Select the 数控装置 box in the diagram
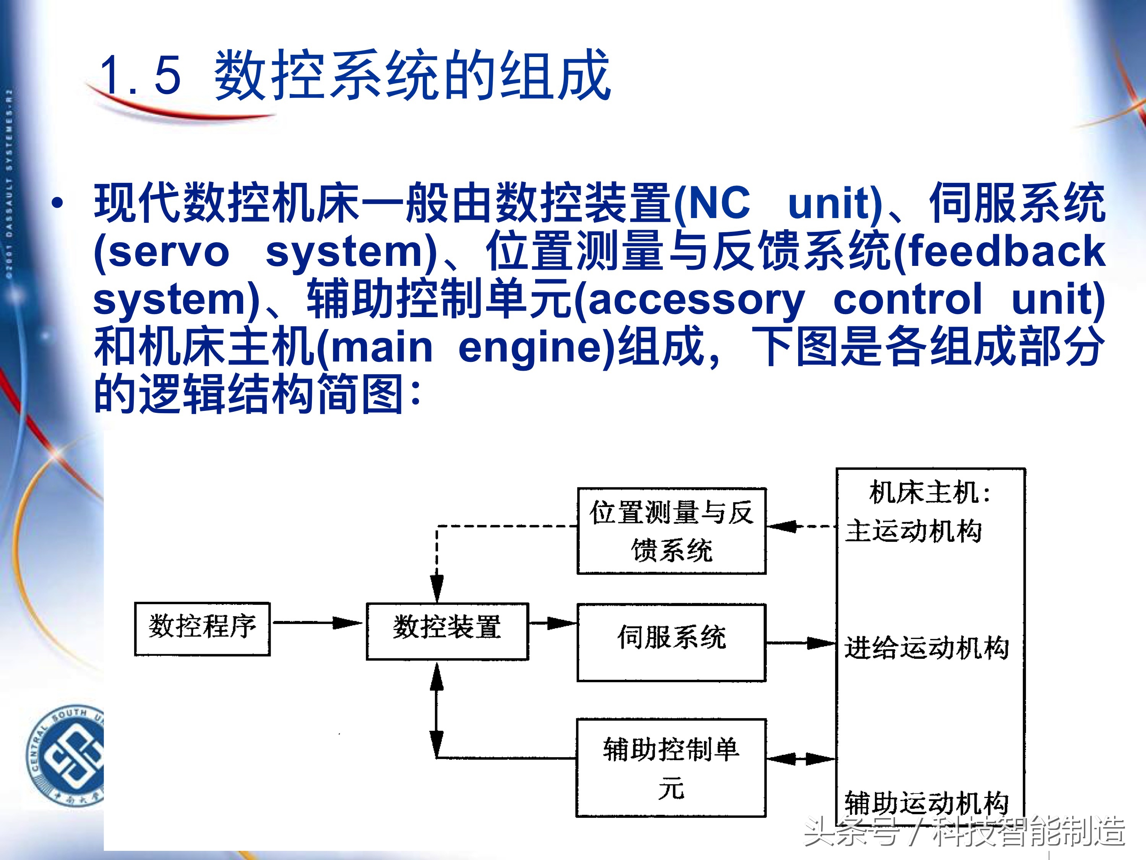[447, 630]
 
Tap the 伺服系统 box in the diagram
[672, 642]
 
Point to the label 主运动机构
[913, 531]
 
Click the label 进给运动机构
[926, 647]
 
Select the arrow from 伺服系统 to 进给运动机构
[800, 643]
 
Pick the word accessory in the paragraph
[696, 299]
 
